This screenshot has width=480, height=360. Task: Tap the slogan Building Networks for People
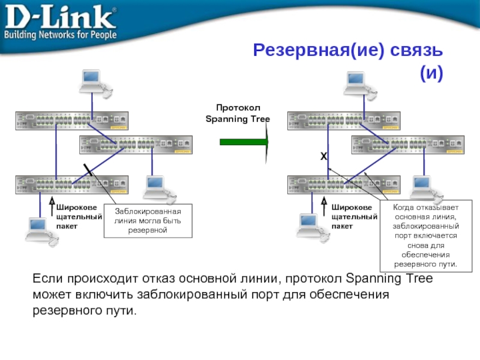[60, 35]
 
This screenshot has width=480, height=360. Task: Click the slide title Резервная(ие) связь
[347, 50]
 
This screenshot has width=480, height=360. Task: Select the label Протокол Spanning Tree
[238, 113]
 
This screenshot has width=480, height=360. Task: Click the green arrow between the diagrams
[244, 142]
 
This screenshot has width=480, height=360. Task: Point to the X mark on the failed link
[323, 156]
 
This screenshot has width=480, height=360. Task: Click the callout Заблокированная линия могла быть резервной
[148, 221]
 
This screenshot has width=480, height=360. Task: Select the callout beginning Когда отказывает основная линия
[426, 236]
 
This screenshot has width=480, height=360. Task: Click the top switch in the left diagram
[71, 121]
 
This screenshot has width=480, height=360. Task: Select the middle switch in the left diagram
[136, 145]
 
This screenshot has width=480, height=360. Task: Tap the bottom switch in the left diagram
[71, 184]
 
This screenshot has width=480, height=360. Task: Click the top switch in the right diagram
[343, 121]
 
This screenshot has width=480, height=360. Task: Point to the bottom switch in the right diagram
[343, 184]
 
